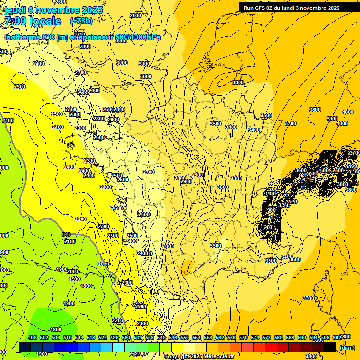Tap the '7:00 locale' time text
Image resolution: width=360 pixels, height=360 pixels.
click(x=32, y=21)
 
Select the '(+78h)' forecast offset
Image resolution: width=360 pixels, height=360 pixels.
click(x=81, y=21)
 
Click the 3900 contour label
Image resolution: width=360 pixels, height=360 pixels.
click(x=332, y=119)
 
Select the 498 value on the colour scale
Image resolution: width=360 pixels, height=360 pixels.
click(x=32, y=337)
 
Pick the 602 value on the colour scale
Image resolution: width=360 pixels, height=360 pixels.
click(x=337, y=337)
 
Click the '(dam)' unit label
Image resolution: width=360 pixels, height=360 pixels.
click(x=347, y=348)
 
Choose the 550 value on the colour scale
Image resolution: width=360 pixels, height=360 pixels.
click(x=185, y=337)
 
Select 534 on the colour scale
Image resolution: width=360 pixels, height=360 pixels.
click(x=138, y=337)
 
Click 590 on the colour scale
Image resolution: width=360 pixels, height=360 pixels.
click(x=302, y=337)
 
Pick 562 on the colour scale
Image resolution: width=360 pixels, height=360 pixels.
click(x=220, y=337)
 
